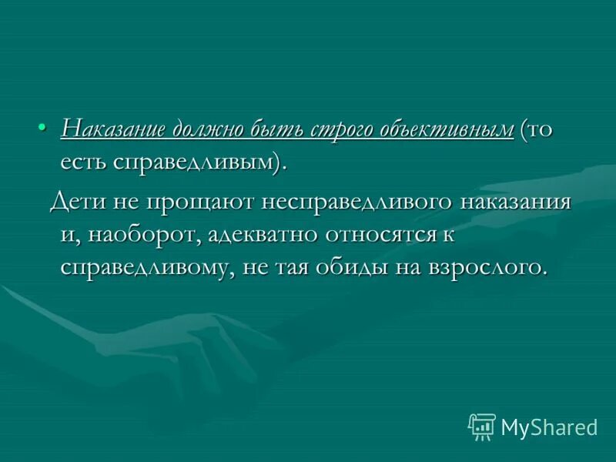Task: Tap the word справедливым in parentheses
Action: click(x=195, y=162)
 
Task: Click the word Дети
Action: click(x=76, y=202)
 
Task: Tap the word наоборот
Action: click(x=142, y=235)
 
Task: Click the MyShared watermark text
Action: click(x=549, y=427)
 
